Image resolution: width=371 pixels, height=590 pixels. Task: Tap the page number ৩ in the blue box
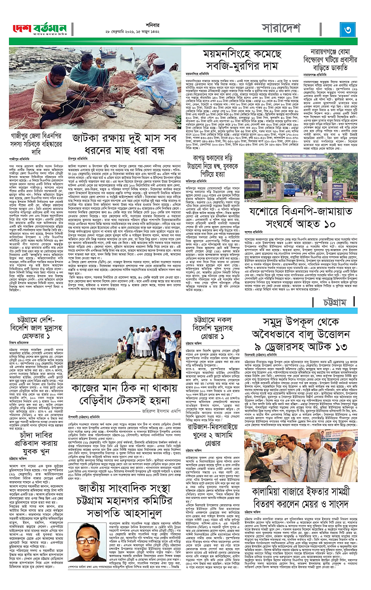pyautogui.click(x=348, y=29)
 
